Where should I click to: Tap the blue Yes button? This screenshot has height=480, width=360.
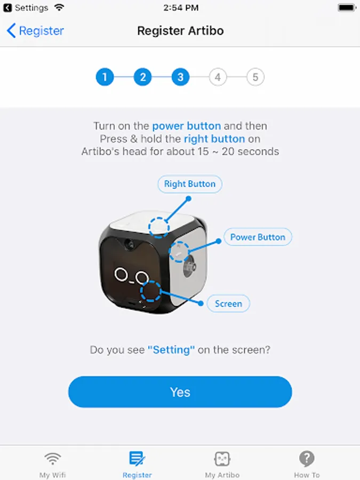tap(180, 392)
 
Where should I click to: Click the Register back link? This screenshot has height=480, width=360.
tap(35, 30)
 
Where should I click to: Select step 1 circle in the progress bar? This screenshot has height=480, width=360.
tap(105, 77)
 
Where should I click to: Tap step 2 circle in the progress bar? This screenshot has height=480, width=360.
tap(142, 77)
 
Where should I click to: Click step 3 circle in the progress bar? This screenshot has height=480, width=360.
tap(180, 77)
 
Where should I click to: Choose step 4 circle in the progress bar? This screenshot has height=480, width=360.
tap(218, 77)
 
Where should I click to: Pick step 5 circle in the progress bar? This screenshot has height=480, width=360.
tap(255, 77)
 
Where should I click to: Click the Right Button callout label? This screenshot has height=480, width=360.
tap(190, 184)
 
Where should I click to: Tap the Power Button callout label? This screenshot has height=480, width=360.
tap(258, 237)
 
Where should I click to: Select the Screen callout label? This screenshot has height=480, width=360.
tap(228, 303)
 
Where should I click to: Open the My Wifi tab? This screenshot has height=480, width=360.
tap(53, 465)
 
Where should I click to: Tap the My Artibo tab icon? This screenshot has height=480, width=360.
tap(222, 459)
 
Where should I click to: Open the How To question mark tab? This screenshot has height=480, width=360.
tap(307, 459)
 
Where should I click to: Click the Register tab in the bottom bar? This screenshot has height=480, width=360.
tap(137, 465)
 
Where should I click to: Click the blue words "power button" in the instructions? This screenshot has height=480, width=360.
tap(187, 126)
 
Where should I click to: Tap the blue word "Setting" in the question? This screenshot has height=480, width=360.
tap(171, 349)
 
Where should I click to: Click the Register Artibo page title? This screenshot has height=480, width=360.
tap(180, 30)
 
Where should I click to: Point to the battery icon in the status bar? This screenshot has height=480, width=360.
tap(347, 7)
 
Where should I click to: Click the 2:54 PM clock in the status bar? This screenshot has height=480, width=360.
tap(181, 7)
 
